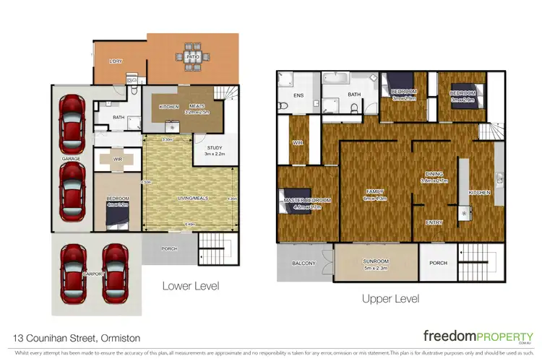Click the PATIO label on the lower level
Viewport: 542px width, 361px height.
[x=193, y=56]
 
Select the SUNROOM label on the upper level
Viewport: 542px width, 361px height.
[x=376, y=264]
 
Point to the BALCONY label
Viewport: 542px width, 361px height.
[x=303, y=264]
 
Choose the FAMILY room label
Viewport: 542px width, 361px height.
[x=376, y=191]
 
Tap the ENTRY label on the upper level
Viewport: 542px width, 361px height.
[x=434, y=222]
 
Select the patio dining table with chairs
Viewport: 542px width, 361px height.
[x=193, y=56]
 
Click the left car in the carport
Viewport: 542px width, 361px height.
[x=74, y=274]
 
